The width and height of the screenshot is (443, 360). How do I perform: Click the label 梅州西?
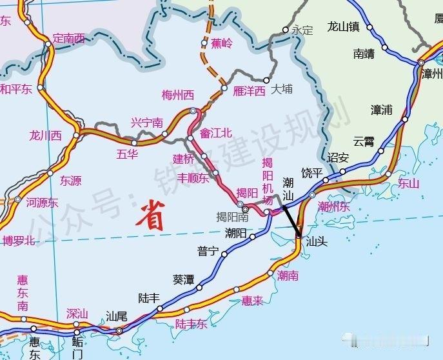(177, 95)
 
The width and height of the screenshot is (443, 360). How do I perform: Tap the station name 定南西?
(68, 38)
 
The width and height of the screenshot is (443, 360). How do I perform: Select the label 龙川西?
(45, 135)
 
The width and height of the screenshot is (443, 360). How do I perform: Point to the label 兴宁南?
(146, 123)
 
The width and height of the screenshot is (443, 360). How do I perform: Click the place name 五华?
(127, 154)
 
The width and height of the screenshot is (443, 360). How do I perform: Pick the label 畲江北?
(215, 134)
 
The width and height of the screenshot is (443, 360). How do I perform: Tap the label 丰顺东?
(193, 178)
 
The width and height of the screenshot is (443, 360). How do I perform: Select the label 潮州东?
(334, 206)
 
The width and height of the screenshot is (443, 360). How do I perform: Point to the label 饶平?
(312, 172)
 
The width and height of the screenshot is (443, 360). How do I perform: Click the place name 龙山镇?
(343, 26)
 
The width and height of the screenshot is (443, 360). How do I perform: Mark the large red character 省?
(150, 215)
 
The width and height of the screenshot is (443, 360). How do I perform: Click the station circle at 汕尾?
(119, 331)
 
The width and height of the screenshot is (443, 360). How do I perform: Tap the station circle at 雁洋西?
(224, 88)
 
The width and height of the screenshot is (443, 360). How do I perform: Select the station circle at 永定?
(285, 30)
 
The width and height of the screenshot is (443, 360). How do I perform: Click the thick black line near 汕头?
(291, 217)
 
